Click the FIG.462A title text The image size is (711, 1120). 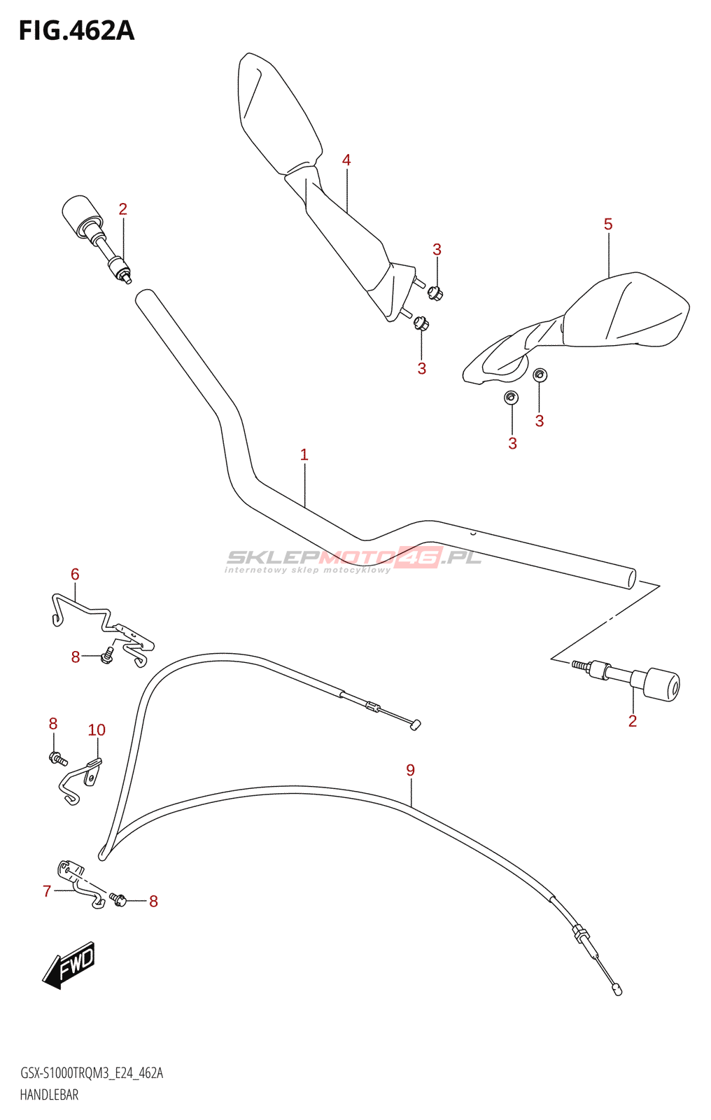[x=76, y=31]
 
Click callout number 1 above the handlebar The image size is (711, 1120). [x=304, y=455]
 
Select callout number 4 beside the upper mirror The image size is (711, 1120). [x=346, y=160]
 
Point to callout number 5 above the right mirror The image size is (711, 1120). [x=608, y=224]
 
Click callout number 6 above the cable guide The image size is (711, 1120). [x=75, y=575]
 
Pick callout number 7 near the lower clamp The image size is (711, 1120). [x=47, y=891]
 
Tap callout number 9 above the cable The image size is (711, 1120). [x=411, y=771]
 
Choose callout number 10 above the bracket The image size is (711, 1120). [x=97, y=730]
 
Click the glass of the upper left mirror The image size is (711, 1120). [x=276, y=112]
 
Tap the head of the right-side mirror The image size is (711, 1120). [x=626, y=311]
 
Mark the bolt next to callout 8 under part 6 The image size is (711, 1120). [x=107, y=656]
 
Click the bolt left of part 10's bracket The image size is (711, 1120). [x=58, y=758]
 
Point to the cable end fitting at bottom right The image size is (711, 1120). [x=617, y=989]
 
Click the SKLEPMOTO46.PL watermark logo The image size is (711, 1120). [x=353, y=558]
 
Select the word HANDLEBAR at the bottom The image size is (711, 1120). [x=49, y=1095]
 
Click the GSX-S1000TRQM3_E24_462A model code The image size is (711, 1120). [x=92, y=1074]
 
